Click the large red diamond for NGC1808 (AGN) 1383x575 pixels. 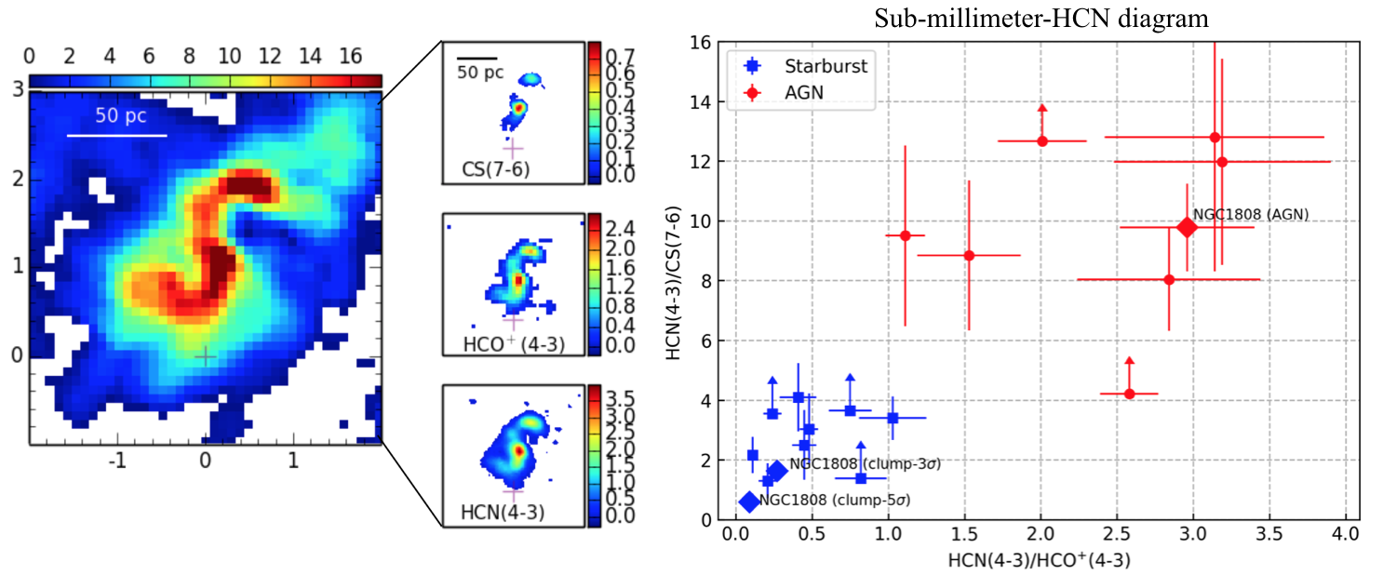(x=1187, y=227)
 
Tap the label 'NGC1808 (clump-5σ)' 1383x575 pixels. (x=834, y=501)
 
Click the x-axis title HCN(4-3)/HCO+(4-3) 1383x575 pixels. (x=1039, y=560)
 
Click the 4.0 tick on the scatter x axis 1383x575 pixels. (x=1345, y=537)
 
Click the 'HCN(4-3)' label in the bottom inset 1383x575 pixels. (x=503, y=511)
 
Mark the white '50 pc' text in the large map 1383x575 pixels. (x=120, y=118)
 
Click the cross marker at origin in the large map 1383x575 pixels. (x=205, y=355)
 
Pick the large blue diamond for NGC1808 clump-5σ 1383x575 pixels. (x=749, y=501)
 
